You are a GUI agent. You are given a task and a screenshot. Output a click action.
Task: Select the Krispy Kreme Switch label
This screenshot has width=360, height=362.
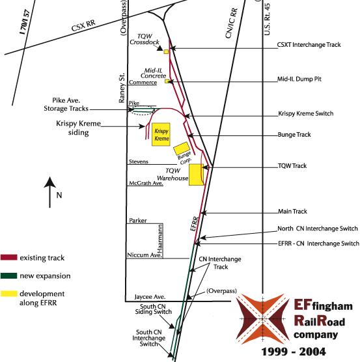(305, 113)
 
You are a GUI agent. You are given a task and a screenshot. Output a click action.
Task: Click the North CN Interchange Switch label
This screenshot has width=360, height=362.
(314, 229)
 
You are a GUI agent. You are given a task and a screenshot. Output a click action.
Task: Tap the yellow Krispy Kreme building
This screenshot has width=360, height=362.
(161, 131)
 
